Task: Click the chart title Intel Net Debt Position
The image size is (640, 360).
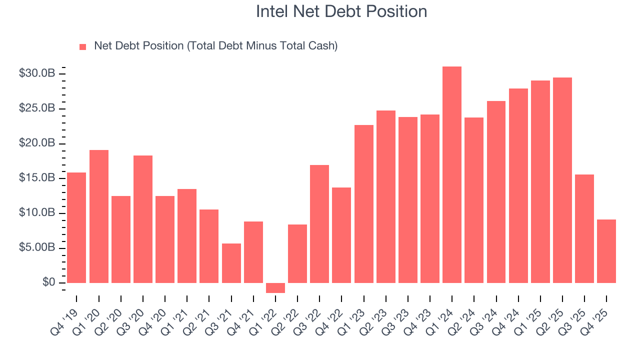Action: [341, 11]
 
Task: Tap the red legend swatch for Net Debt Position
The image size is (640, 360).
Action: [83, 46]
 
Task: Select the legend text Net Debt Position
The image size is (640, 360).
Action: [215, 46]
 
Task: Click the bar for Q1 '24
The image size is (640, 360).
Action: [452, 174]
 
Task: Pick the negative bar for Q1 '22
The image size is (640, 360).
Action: [275, 288]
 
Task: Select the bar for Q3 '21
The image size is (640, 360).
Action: [231, 263]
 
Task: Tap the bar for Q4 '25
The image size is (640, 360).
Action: [606, 251]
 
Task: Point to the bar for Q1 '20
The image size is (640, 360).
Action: [98, 216]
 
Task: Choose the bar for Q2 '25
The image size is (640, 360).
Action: [562, 180]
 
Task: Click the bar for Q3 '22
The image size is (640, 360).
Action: [319, 224]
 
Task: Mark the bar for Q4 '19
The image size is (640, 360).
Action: [76, 227]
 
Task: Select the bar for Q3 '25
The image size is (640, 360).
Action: [584, 228]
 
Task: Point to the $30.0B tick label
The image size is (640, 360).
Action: [36, 73]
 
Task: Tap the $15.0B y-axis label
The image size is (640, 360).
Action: [36, 178]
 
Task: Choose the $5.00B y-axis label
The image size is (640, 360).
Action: [36, 248]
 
